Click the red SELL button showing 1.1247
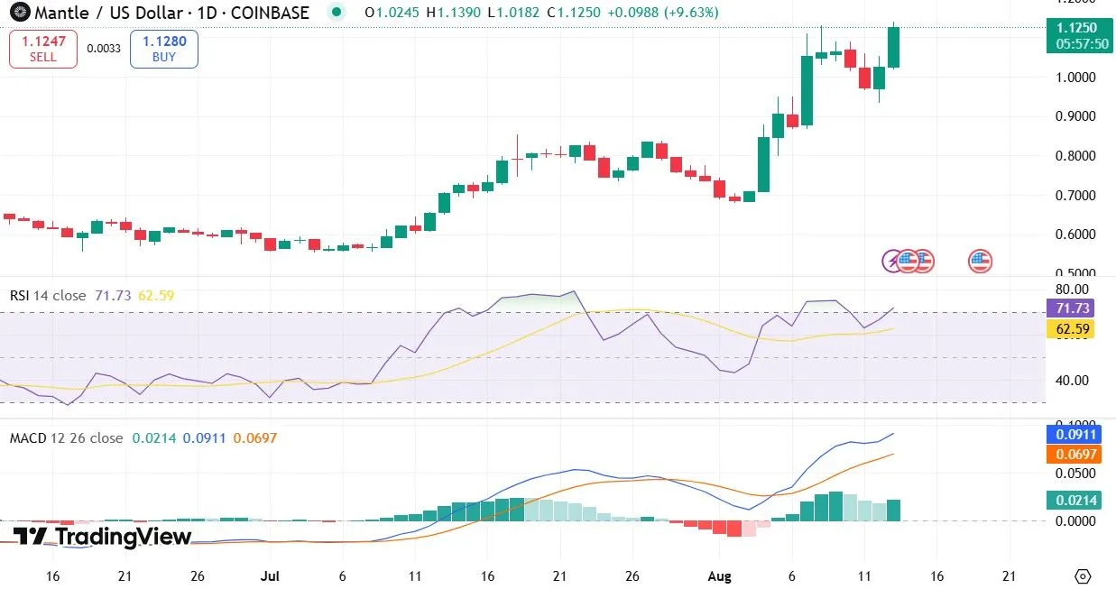pos(42,49)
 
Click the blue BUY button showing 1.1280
pos(163,49)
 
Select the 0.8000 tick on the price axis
pos(1075,156)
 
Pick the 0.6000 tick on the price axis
pos(1075,235)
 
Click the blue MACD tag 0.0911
pos(1074,434)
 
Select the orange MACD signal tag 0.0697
pos(1074,455)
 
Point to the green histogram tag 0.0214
pos(1074,500)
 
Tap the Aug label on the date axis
pos(718,575)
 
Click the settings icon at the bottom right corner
pos(1084,575)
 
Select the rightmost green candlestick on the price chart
pos(894,47)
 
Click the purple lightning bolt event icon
pos(892,262)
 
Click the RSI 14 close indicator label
pos(48,296)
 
